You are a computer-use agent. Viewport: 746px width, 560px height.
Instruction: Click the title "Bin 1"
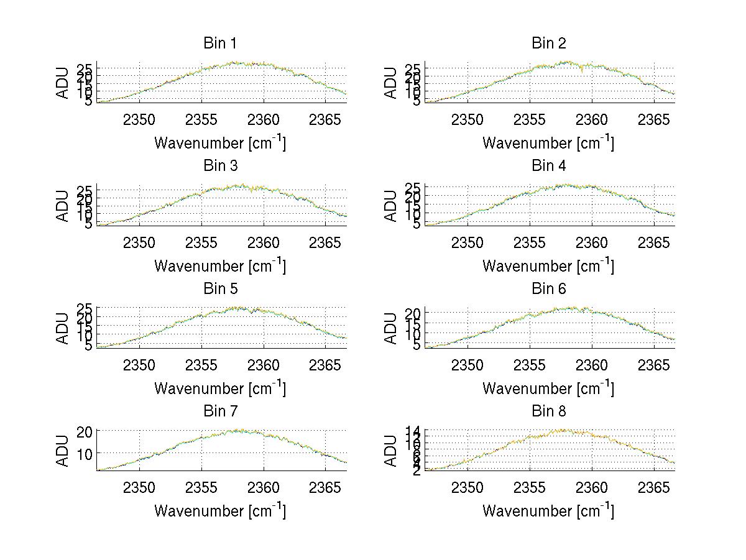(x=220, y=44)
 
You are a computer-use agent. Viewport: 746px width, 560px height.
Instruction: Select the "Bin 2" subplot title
(x=548, y=44)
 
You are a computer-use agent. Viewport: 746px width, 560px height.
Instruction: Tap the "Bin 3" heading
(x=220, y=166)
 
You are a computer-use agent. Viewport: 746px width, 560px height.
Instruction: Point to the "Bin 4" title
(x=548, y=166)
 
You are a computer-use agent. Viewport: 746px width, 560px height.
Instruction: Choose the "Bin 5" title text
(x=220, y=289)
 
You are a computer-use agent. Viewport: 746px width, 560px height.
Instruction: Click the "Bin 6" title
(x=548, y=289)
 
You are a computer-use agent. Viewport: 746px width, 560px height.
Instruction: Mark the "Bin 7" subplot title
(x=220, y=411)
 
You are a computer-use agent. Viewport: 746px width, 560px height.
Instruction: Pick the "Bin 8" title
(x=548, y=411)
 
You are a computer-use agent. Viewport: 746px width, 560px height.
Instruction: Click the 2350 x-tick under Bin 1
(x=139, y=120)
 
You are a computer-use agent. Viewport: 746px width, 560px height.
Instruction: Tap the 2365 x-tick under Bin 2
(x=654, y=120)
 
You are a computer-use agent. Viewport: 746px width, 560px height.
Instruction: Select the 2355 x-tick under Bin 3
(x=201, y=242)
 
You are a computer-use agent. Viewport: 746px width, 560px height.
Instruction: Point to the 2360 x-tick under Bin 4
(x=592, y=242)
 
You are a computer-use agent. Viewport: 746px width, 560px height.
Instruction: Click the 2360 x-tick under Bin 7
(x=264, y=487)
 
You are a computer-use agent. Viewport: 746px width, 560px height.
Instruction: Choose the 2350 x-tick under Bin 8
(x=467, y=487)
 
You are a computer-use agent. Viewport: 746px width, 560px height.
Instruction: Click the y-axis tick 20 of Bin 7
(x=85, y=431)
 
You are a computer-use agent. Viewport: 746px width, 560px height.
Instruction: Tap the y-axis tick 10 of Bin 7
(x=85, y=454)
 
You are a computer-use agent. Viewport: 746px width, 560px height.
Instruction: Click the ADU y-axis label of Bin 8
(x=391, y=451)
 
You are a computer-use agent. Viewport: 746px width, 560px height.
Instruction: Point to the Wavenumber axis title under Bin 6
(x=548, y=389)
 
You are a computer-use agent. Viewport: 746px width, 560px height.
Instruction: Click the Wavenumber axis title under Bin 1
(x=220, y=143)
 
